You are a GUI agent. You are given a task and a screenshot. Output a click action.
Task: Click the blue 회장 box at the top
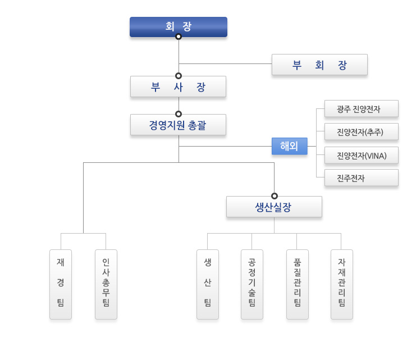pos(179,26)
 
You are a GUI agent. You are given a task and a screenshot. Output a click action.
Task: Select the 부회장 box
pos(319,65)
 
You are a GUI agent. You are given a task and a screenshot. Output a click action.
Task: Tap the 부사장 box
pos(178,87)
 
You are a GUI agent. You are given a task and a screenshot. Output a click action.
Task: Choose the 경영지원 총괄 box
pos(178,125)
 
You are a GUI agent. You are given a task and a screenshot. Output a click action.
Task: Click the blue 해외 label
pos(290,146)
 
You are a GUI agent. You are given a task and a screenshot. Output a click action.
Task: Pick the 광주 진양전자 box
pos(362,109)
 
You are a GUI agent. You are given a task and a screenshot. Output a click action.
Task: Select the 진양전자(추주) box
pos(362,132)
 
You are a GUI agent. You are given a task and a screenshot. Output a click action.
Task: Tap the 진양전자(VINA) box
pos(362,155)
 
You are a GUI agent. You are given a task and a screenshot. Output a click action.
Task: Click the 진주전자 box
pos(362,178)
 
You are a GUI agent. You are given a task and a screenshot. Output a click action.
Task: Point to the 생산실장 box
pos(274,207)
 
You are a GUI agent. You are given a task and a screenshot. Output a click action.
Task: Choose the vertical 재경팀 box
pos(61,284)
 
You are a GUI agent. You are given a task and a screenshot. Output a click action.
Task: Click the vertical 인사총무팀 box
pos(106,284)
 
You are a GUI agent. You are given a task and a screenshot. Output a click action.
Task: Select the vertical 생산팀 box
pos(208,284)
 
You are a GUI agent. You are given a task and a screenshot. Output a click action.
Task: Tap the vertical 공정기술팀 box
pos(252,284)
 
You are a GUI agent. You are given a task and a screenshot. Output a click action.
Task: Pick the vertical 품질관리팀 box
pos(298,284)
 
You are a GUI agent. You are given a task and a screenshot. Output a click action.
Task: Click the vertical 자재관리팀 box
pos(342,284)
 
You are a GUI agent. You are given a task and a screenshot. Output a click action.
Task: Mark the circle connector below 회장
pos(179,37)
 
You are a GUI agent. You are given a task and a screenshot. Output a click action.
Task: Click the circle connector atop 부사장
pos(179,76)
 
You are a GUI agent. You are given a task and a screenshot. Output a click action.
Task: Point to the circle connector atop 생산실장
pos(275,196)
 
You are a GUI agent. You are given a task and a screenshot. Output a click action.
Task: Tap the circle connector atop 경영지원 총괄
pos(179,114)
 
